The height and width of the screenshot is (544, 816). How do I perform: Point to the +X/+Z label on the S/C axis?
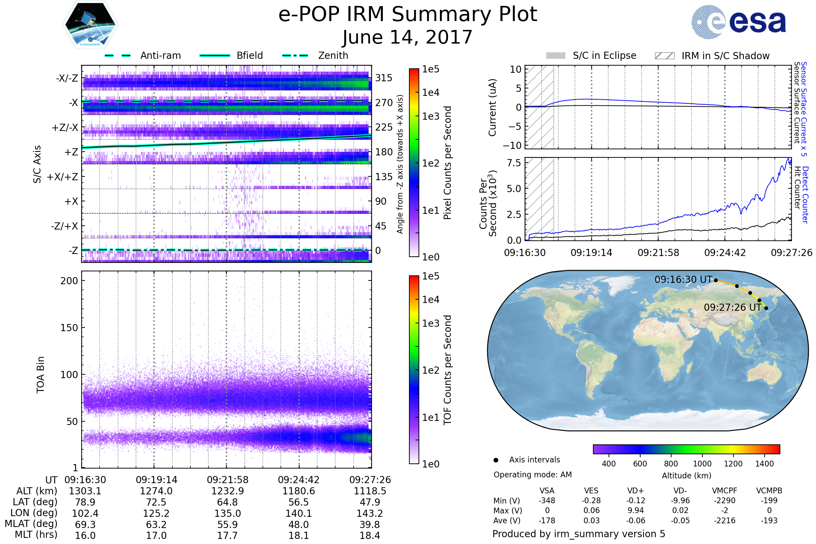pyautogui.click(x=63, y=177)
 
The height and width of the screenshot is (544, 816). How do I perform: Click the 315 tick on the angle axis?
pyautogui.click(x=384, y=78)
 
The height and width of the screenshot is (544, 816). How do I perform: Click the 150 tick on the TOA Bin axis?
pyautogui.click(x=69, y=328)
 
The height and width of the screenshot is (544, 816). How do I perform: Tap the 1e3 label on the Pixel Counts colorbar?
pyautogui.click(x=430, y=117)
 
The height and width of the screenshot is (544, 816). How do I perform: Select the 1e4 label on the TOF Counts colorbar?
pyautogui.click(x=430, y=300)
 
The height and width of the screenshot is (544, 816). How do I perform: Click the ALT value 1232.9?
pyautogui.click(x=227, y=491)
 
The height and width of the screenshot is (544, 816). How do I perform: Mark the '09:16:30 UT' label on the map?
pyautogui.click(x=683, y=279)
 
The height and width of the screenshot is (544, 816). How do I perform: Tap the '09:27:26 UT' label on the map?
pyautogui.click(x=732, y=307)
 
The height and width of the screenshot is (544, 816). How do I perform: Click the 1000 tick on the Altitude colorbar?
pyautogui.click(x=702, y=464)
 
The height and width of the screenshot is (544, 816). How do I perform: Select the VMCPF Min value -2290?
pyautogui.click(x=725, y=500)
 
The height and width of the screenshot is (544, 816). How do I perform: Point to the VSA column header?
pyautogui.click(x=547, y=491)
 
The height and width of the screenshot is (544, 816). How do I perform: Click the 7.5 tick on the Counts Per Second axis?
pyautogui.click(x=514, y=163)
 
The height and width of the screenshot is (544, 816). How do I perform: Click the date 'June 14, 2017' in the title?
pyautogui.click(x=407, y=37)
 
